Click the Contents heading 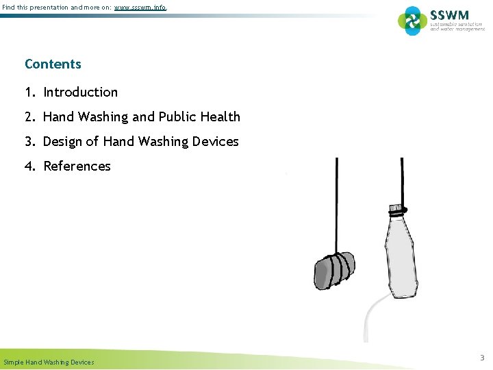(53, 64)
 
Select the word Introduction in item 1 (80, 92)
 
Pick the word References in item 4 (77, 166)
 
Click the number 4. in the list (30, 166)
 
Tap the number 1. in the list (30, 92)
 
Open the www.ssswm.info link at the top (140, 8)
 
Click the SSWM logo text (448, 14)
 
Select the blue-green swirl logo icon (412, 21)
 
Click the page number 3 (481, 358)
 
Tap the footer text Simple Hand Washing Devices (49, 362)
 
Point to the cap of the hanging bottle (395, 207)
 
